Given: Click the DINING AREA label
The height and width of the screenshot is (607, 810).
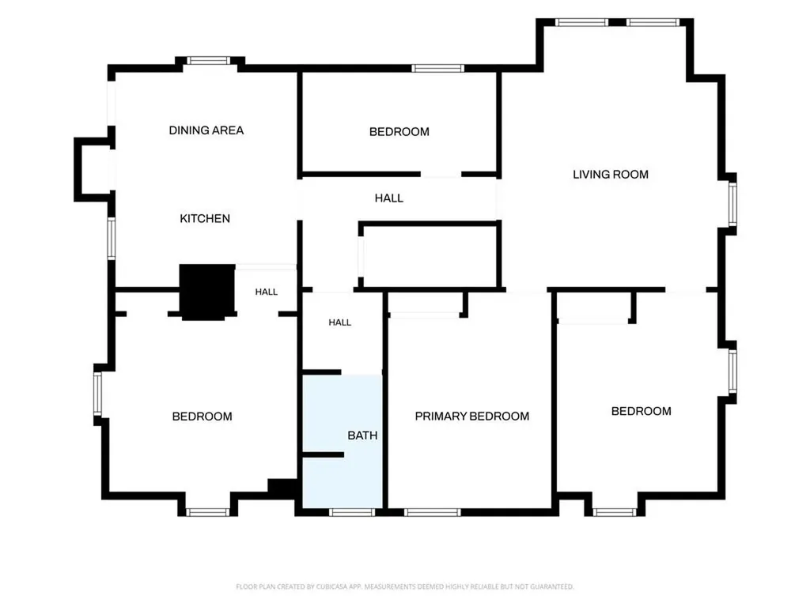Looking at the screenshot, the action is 206,130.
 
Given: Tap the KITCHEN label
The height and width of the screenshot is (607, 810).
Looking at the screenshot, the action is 205,218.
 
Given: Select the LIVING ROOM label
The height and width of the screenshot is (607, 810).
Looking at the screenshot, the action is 611,175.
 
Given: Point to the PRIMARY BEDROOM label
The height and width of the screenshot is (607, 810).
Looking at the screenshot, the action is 472,416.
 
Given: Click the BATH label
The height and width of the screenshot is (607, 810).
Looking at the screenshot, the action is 362,435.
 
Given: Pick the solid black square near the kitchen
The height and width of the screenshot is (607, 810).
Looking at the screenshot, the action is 207,292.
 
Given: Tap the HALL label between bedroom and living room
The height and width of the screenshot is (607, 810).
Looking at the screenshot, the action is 389,198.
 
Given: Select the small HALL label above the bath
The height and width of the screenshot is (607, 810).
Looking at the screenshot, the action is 340,322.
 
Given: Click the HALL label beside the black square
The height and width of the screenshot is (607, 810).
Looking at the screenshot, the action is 267,292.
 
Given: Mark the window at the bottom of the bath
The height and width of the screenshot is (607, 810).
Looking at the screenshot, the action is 352,512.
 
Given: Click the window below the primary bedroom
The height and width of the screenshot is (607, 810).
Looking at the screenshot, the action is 433,512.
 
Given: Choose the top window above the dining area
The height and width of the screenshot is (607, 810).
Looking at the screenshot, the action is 208,61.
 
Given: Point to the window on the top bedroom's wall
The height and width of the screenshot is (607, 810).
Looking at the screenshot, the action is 438,68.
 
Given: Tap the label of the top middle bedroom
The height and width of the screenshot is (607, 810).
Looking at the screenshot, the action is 399,132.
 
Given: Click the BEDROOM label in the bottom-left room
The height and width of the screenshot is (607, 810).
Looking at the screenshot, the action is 202,417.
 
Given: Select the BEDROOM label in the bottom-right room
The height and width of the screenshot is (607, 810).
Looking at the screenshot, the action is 641,411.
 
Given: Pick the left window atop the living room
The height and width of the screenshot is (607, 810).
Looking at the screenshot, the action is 581,22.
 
